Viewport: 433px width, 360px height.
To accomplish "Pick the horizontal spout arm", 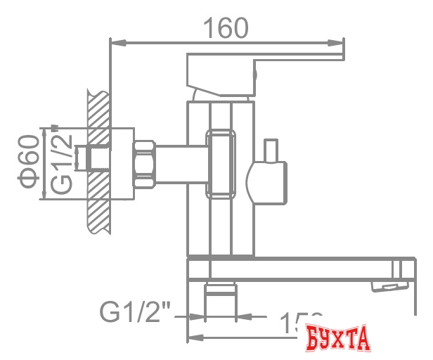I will pos(295,270).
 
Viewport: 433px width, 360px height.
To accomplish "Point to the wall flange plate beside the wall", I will pos(123,163).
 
